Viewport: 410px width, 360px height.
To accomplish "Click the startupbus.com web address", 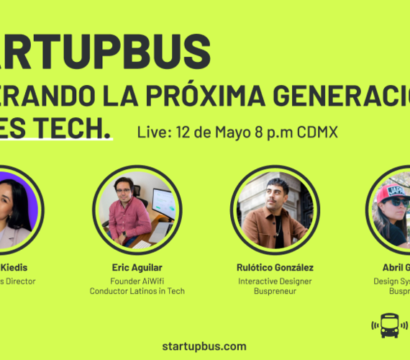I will pyautogui.click(x=205, y=346).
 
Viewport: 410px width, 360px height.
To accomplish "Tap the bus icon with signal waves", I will pyautogui.click(x=389, y=325).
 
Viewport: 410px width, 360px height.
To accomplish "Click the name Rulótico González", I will pyautogui.click(x=275, y=268).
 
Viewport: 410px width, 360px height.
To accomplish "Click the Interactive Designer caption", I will pyautogui.click(x=275, y=281).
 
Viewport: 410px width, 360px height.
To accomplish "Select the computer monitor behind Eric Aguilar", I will pyautogui.click(x=163, y=203).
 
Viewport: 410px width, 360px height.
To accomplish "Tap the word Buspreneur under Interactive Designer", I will pyautogui.click(x=275, y=291).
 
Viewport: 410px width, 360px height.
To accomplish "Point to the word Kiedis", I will pyautogui.click(x=16, y=268).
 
